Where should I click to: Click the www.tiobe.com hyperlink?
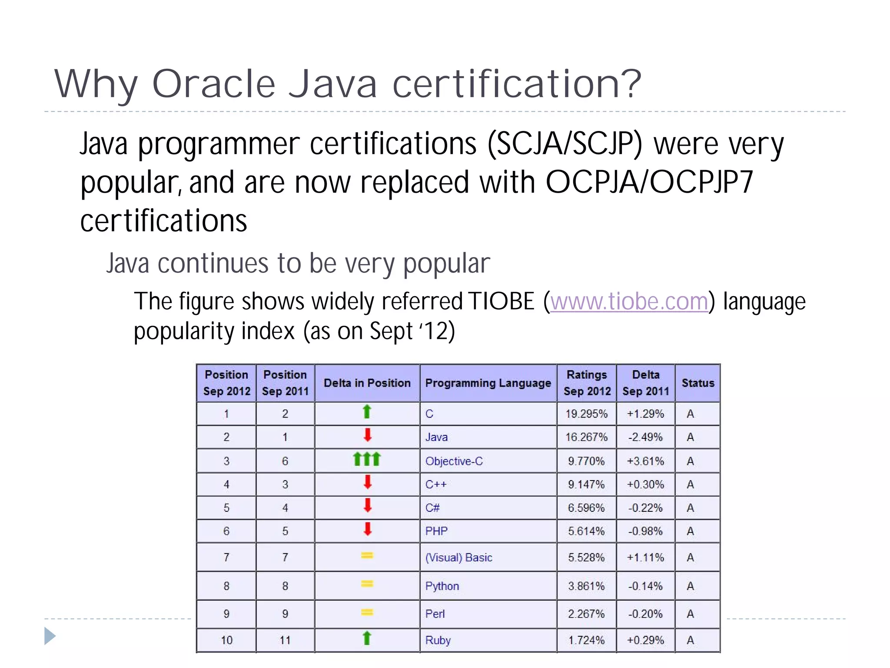(629, 301)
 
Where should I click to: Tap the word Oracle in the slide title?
(214, 83)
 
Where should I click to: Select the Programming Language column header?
(488, 383)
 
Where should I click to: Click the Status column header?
(697, 383)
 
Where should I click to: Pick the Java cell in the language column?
(436, 437)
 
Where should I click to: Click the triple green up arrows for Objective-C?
(367, 459)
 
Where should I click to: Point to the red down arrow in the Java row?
(368, 435)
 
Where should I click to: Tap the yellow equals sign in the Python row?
(367, 584)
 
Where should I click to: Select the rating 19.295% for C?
(586, 414)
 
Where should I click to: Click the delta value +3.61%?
(645, 461)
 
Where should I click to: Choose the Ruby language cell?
(438, 640)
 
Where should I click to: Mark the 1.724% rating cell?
(586, 640)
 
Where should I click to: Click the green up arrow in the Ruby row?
(367, 638)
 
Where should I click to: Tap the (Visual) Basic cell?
(458, 558)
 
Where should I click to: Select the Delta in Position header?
(367, 383)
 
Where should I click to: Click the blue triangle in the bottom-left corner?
(50, 636)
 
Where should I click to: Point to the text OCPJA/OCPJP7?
(649, 182)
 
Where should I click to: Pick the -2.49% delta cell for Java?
(645, 437)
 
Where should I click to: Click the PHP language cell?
(436, 531)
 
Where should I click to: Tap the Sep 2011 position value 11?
(285, 640)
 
